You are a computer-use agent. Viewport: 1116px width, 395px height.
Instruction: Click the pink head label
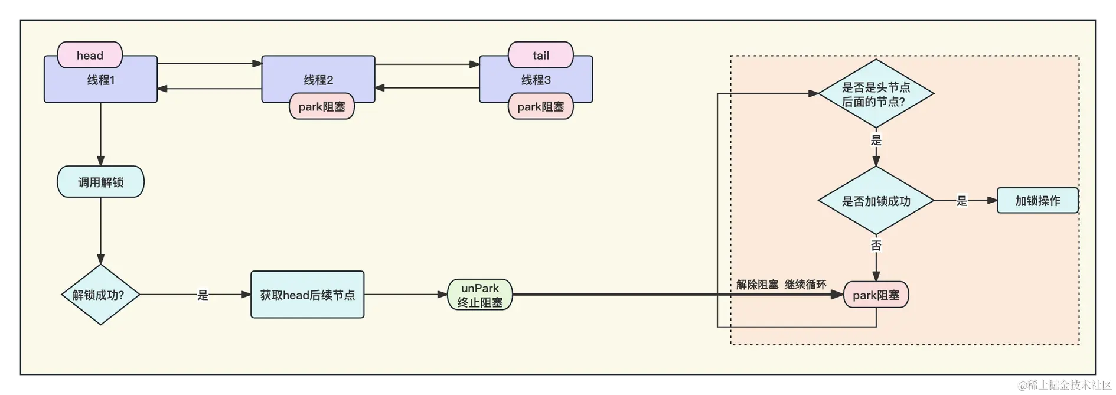click(x=90, y=55)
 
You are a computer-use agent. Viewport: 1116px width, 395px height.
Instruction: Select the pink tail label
click(x=540, y=55)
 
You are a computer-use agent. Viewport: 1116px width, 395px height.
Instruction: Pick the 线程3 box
click(x=536, y=79)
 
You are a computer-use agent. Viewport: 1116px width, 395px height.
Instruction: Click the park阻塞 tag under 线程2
click(x=322, y=106)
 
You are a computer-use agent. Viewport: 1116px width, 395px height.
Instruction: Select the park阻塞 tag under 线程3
click(x=540, y=106)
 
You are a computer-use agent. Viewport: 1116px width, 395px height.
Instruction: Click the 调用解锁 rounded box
click(x=100, y=182)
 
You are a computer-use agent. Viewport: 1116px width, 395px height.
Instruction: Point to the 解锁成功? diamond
click(x=100, y=295)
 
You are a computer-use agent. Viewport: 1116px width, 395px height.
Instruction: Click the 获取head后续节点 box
click(x=307, y=295)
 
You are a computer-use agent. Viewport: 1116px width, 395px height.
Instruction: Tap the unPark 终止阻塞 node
click(x=479, y=295)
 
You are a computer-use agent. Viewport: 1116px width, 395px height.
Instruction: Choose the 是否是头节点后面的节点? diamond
click(x=876, y=94)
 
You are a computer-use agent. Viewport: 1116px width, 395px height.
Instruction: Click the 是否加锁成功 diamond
click(x=876, y=201)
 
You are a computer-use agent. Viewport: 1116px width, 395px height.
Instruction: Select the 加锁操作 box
click(x=1037, y=201)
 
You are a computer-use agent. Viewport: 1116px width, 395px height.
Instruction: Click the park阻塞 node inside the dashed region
click(x=876, y=295)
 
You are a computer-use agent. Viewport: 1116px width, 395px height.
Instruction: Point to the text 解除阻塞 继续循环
click(x=781, y=285)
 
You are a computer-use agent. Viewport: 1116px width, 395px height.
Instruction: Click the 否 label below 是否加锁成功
click(x=876, y=245)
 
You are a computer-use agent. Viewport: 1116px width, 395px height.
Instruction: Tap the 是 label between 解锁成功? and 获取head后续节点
click(x=203, y=295)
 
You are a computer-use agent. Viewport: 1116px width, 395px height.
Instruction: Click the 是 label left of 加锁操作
click(x=962, y=201)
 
